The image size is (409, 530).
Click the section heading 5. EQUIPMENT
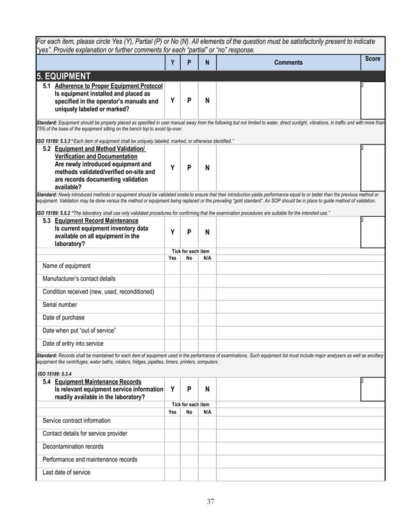[x=67, y=76]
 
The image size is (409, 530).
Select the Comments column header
[x=288, y=62]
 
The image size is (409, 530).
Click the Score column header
[x=372, y=59]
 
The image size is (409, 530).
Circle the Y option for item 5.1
[x=172, y=101]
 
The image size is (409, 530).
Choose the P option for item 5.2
[x=189, y=167]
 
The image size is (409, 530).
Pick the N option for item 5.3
[x=206, y=232]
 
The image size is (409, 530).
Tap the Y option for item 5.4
[x=172, y=389]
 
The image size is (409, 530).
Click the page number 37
[x=210, y=501]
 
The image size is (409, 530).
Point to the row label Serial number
[x=60, y=305]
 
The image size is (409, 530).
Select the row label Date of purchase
[x=63, y=318]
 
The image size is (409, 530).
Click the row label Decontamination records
[x=73, y=447]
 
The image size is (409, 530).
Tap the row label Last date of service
[x=67, y=472]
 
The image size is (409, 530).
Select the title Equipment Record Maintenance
[x=96, y=221]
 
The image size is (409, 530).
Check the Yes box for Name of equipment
[x=172, y=266]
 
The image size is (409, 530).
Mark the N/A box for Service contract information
[x=206, y=421]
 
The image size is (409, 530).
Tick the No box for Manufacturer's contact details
[x=189, y=279]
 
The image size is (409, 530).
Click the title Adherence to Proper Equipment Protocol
[x=108, y=85]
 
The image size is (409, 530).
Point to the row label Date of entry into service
[x=73, y=343]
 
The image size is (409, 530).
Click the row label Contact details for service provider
[x=85, y=434]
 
